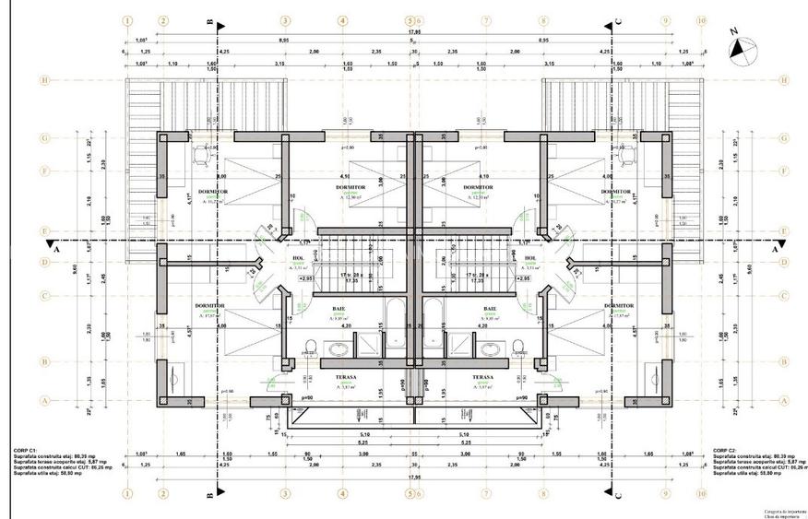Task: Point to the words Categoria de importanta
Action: pos(782,510)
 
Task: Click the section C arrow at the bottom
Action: pos(617,493)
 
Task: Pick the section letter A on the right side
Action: pos(774,249)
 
